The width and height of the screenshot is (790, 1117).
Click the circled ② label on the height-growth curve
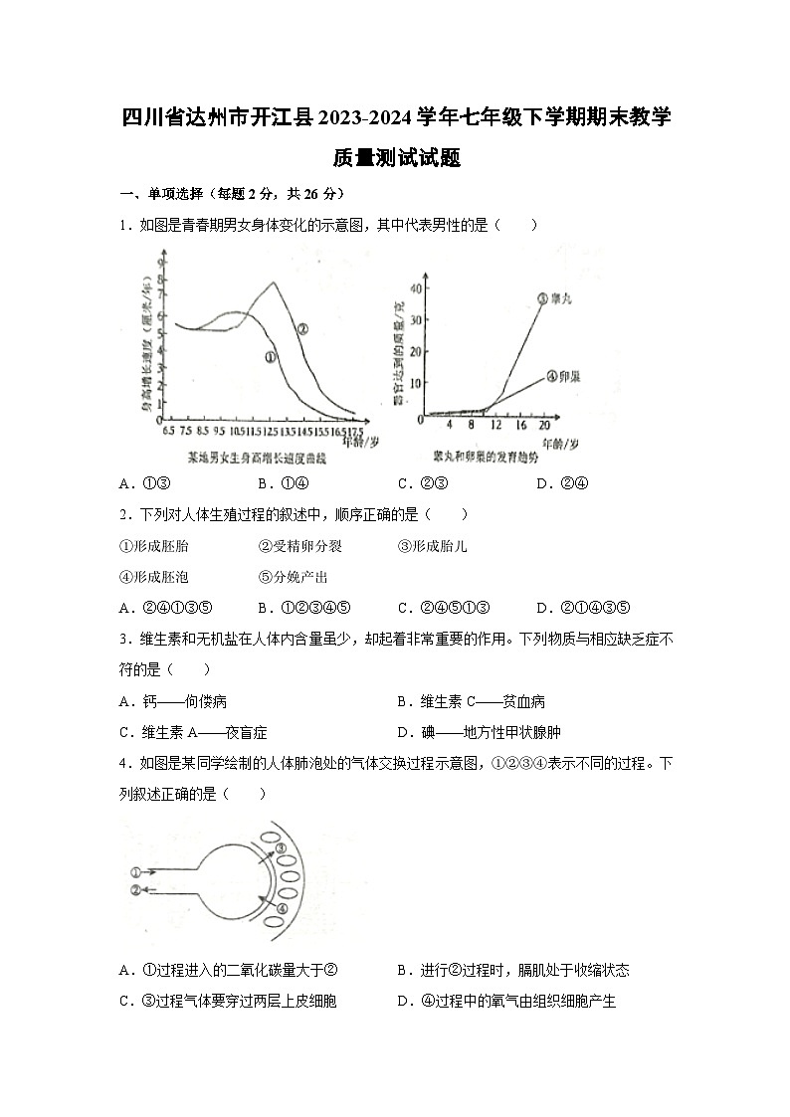(302, 328)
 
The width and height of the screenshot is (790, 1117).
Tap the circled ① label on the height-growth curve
(270, 356)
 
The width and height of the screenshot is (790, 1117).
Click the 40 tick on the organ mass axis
(417, 288)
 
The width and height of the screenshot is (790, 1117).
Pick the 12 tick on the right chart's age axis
(494, 426)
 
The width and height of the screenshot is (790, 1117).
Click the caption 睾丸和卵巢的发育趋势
(486, 458)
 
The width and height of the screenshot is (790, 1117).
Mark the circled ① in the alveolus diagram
(135, 870)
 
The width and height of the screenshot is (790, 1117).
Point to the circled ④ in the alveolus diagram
(282, 908)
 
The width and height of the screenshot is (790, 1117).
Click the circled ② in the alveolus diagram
(135, 889)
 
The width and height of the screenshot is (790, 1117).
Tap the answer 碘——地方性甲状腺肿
(479, 732)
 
